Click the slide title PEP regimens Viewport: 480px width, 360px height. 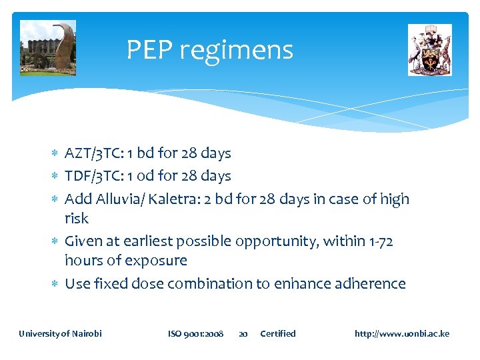click(x=209, y=50)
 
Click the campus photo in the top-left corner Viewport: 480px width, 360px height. click(x=48, y=48)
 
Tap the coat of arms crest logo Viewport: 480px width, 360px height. click(x=429, y=50)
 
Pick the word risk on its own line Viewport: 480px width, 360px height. click(x=77, y=218)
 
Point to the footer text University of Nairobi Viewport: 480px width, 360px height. click(x=61, y=333)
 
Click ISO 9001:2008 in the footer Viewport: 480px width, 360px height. click(x=195, y=333)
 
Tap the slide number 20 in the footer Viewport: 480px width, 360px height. click(x=243, y=333)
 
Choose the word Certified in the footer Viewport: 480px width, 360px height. click(x=278, y=333)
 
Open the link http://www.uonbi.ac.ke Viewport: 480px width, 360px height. click(x=402, y=333)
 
